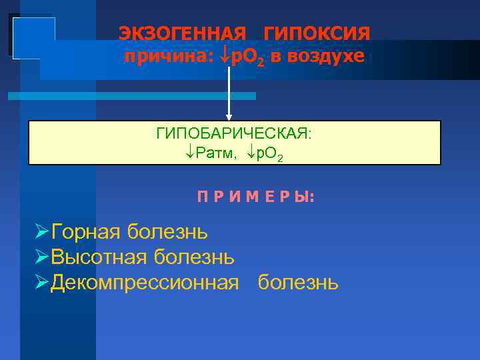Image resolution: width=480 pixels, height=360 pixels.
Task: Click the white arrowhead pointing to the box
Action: coord(229,117)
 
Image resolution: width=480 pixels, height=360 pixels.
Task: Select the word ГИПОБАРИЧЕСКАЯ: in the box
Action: coord(234,133)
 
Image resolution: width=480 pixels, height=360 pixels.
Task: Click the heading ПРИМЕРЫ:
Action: coord(256,198)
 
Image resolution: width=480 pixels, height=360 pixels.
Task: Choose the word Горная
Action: coord(86,232)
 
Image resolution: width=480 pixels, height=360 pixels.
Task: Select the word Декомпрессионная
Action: coord(145,282)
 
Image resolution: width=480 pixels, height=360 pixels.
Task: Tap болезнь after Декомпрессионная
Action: coord(298,282)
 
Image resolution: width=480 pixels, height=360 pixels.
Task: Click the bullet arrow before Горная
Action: coord(41,232)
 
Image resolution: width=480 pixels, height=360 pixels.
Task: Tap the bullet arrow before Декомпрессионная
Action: coord(41,282)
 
